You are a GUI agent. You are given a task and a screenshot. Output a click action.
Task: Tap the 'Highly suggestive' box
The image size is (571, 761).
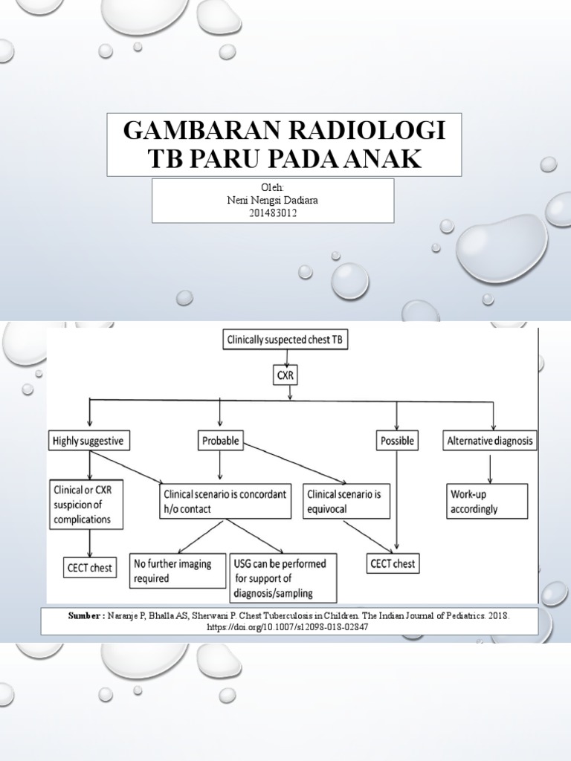coord(89,441)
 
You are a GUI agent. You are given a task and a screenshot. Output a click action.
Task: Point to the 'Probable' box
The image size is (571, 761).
coord(220,441)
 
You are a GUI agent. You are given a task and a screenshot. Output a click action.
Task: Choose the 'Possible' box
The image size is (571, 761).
coord(396,441)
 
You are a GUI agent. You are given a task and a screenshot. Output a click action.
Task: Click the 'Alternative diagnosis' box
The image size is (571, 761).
coord(490,441)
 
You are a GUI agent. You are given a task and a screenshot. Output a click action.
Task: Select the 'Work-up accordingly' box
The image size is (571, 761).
coord(487,501)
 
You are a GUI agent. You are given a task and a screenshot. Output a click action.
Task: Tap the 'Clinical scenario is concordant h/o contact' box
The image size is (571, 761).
coord(224,501)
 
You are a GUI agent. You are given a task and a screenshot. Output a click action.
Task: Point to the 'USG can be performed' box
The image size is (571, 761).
coord(283,577)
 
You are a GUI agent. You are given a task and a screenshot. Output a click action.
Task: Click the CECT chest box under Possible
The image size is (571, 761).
coord(392,564)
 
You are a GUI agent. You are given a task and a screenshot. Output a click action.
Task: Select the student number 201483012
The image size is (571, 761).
coord(273,213)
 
